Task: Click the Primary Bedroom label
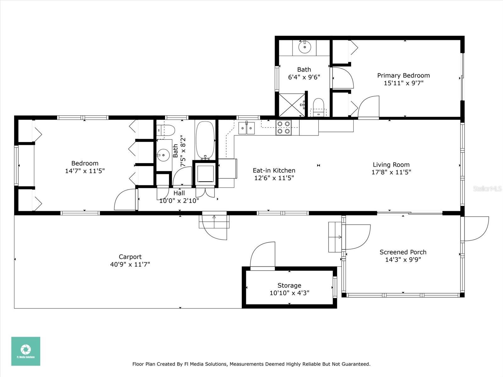point(403,75)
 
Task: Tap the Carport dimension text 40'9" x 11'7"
point(130,265)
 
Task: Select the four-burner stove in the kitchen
point(284,128)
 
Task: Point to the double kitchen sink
point(246,128)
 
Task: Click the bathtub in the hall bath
point(205,140)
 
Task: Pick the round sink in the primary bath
point(305,47)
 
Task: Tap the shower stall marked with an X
point(292,105)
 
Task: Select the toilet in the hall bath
point(165,130)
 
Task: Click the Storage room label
point(289,285)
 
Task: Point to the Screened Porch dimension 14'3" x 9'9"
point(403,260)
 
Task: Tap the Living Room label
point(391,165)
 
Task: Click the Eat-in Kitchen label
point(274,170)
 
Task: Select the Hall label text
point(179,193)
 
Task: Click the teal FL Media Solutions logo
point(26,351)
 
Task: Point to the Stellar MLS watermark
point(487,188)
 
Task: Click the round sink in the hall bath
point(163,155)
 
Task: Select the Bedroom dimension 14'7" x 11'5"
point(85,171)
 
